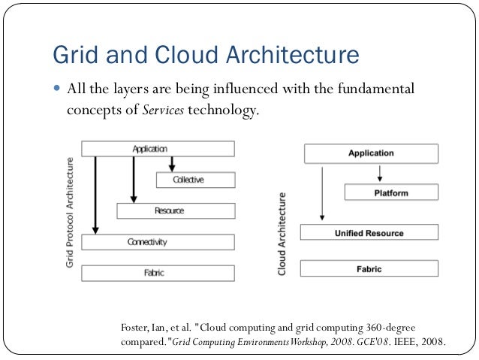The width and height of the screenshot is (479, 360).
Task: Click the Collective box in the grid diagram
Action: coord(195,180)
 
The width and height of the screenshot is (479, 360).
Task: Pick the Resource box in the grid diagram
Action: coord(175,211)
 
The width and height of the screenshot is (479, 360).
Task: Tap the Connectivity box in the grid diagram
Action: coord(158,242)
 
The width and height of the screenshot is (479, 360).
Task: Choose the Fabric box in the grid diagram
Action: coord(158,273)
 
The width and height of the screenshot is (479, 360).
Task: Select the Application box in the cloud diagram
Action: coord(370,154)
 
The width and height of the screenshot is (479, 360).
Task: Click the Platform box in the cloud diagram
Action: coord(391,193)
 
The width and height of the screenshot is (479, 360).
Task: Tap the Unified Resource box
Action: coord(369,233)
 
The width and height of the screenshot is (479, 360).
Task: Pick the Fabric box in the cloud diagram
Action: coord(369,268)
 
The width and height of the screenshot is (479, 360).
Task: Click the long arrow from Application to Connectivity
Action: coord(95,195)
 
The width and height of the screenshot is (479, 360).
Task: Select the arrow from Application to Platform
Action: coord(380,174)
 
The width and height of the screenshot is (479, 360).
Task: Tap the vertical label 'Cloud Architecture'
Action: coord(283,233)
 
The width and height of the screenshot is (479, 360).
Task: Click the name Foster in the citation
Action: coord(134,328)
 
